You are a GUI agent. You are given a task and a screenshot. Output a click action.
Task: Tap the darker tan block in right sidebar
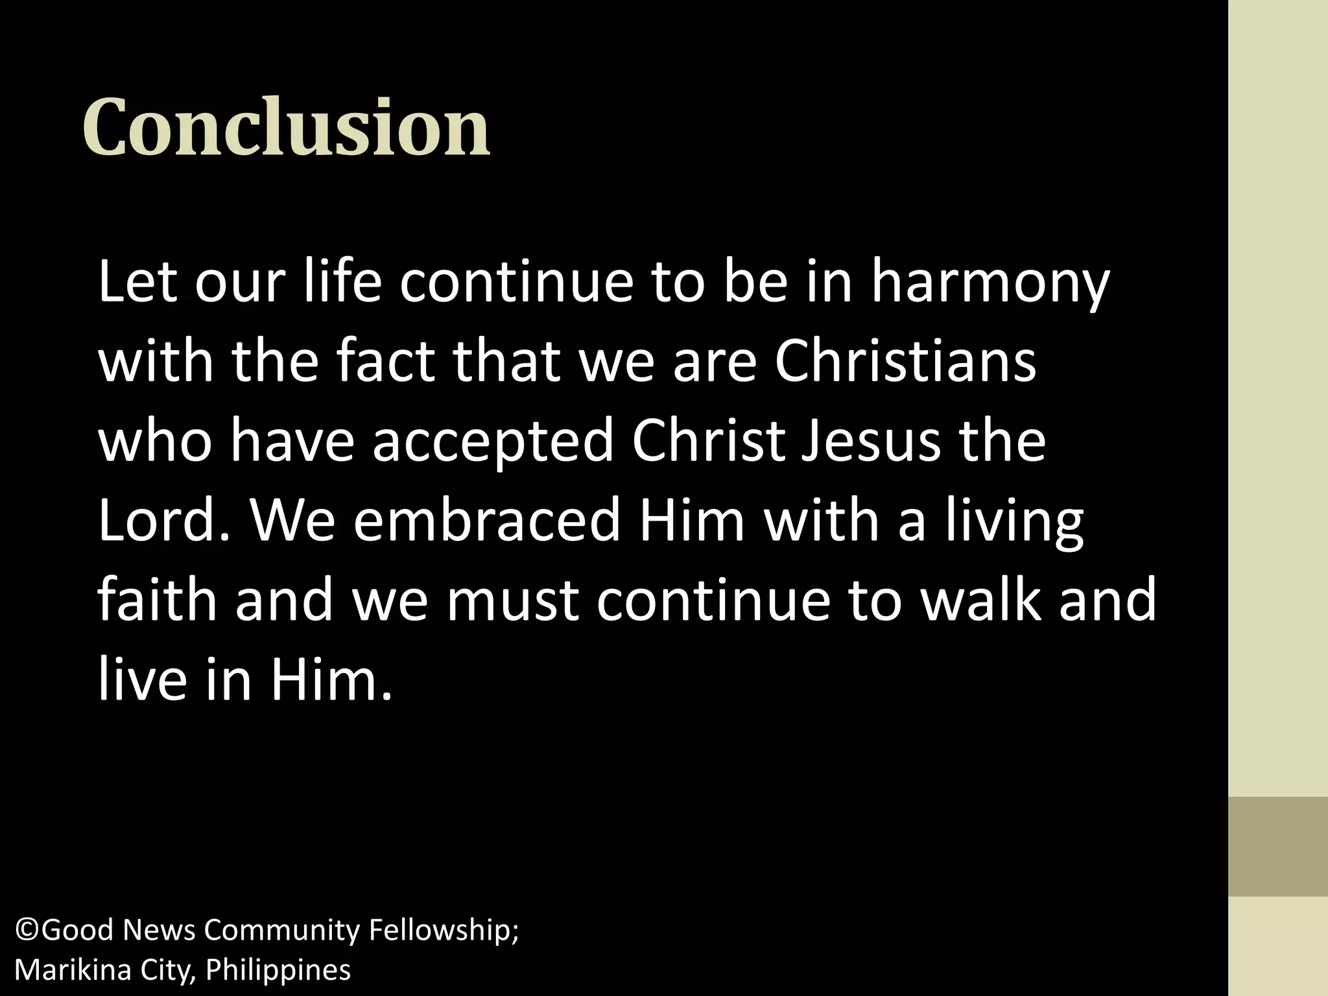click(1277, 846)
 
